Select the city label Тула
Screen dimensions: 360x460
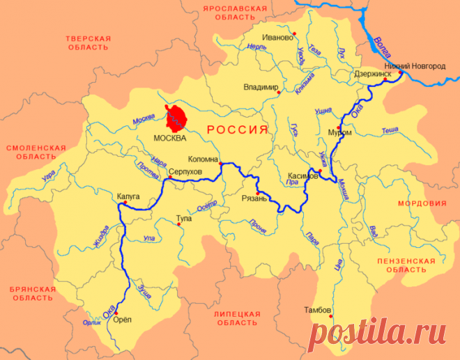coord(184,218)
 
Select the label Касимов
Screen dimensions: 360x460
coord(302,175)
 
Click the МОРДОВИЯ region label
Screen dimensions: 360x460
coord(421,203)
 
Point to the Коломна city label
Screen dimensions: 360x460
coord(204,159)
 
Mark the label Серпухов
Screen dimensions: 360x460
coord(185,171)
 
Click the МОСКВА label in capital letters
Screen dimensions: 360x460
coord(170,138)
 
